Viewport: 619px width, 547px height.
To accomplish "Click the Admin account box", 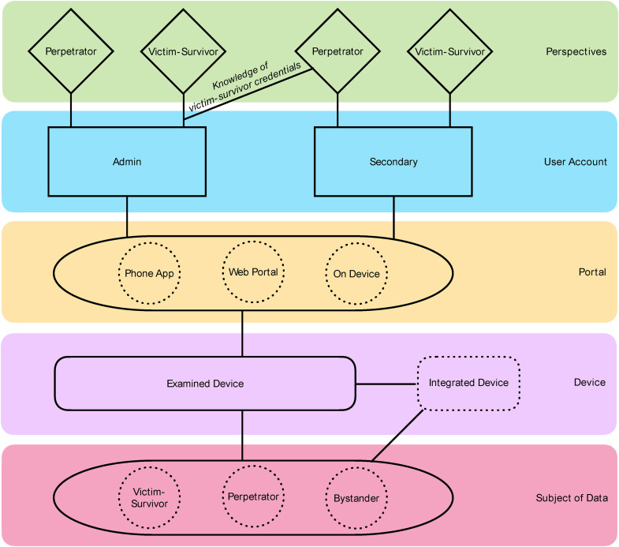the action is [x=127, y=161].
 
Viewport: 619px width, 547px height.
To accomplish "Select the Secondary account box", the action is [x=393, y=161].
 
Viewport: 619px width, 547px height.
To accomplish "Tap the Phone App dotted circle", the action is [x=149, y=273].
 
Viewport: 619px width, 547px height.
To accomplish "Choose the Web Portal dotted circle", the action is [x=253, y=272].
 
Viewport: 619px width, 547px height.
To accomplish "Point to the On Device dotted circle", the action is [x=356, y=273].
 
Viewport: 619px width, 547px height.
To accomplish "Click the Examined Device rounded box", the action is [x=205, y=384].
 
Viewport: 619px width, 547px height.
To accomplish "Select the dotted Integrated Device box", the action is [x=468, y=383].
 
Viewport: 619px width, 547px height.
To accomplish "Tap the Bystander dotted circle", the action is [x=356, y=498].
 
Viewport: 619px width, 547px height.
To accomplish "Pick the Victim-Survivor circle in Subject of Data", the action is [x=149, y=497].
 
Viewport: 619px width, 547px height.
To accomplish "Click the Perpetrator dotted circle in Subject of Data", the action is [x=253, y=496].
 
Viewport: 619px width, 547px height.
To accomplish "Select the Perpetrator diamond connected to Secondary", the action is [x=337, y=51].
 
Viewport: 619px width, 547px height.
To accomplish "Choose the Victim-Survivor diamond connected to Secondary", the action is [x=450, y=51].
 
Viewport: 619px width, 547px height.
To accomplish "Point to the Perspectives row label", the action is [x=576, y=51].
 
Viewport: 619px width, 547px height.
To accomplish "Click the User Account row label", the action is [x=575, y=162].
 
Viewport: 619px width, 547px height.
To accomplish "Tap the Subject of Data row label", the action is [x=572, y=497].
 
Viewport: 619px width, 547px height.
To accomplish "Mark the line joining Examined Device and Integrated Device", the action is [x=386, y=384].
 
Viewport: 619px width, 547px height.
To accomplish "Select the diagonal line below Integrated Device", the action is [x=397, y=436].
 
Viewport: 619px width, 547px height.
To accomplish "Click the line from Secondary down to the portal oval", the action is [x=393, y=217].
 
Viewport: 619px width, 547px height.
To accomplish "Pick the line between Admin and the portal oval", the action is [x=127, y=216].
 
